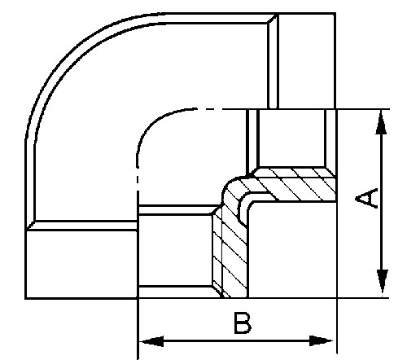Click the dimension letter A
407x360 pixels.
(x=366, y=198)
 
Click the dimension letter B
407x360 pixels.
(x=243, y=323)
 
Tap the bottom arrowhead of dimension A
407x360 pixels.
(x=382, y=282)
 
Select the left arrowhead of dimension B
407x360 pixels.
(x=151, y=341)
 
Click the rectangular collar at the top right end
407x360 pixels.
(x=308, y=60)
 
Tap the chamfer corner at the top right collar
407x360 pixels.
(x=272, y=19)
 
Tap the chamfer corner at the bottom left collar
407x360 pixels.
(x=30, y=226)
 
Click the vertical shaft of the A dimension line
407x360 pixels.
(x=382, y=202)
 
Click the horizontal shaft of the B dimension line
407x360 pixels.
(x=236, y=341)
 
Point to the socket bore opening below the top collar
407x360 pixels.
(x=291, y=138)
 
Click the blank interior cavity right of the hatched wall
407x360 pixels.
(x=292, y=250)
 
